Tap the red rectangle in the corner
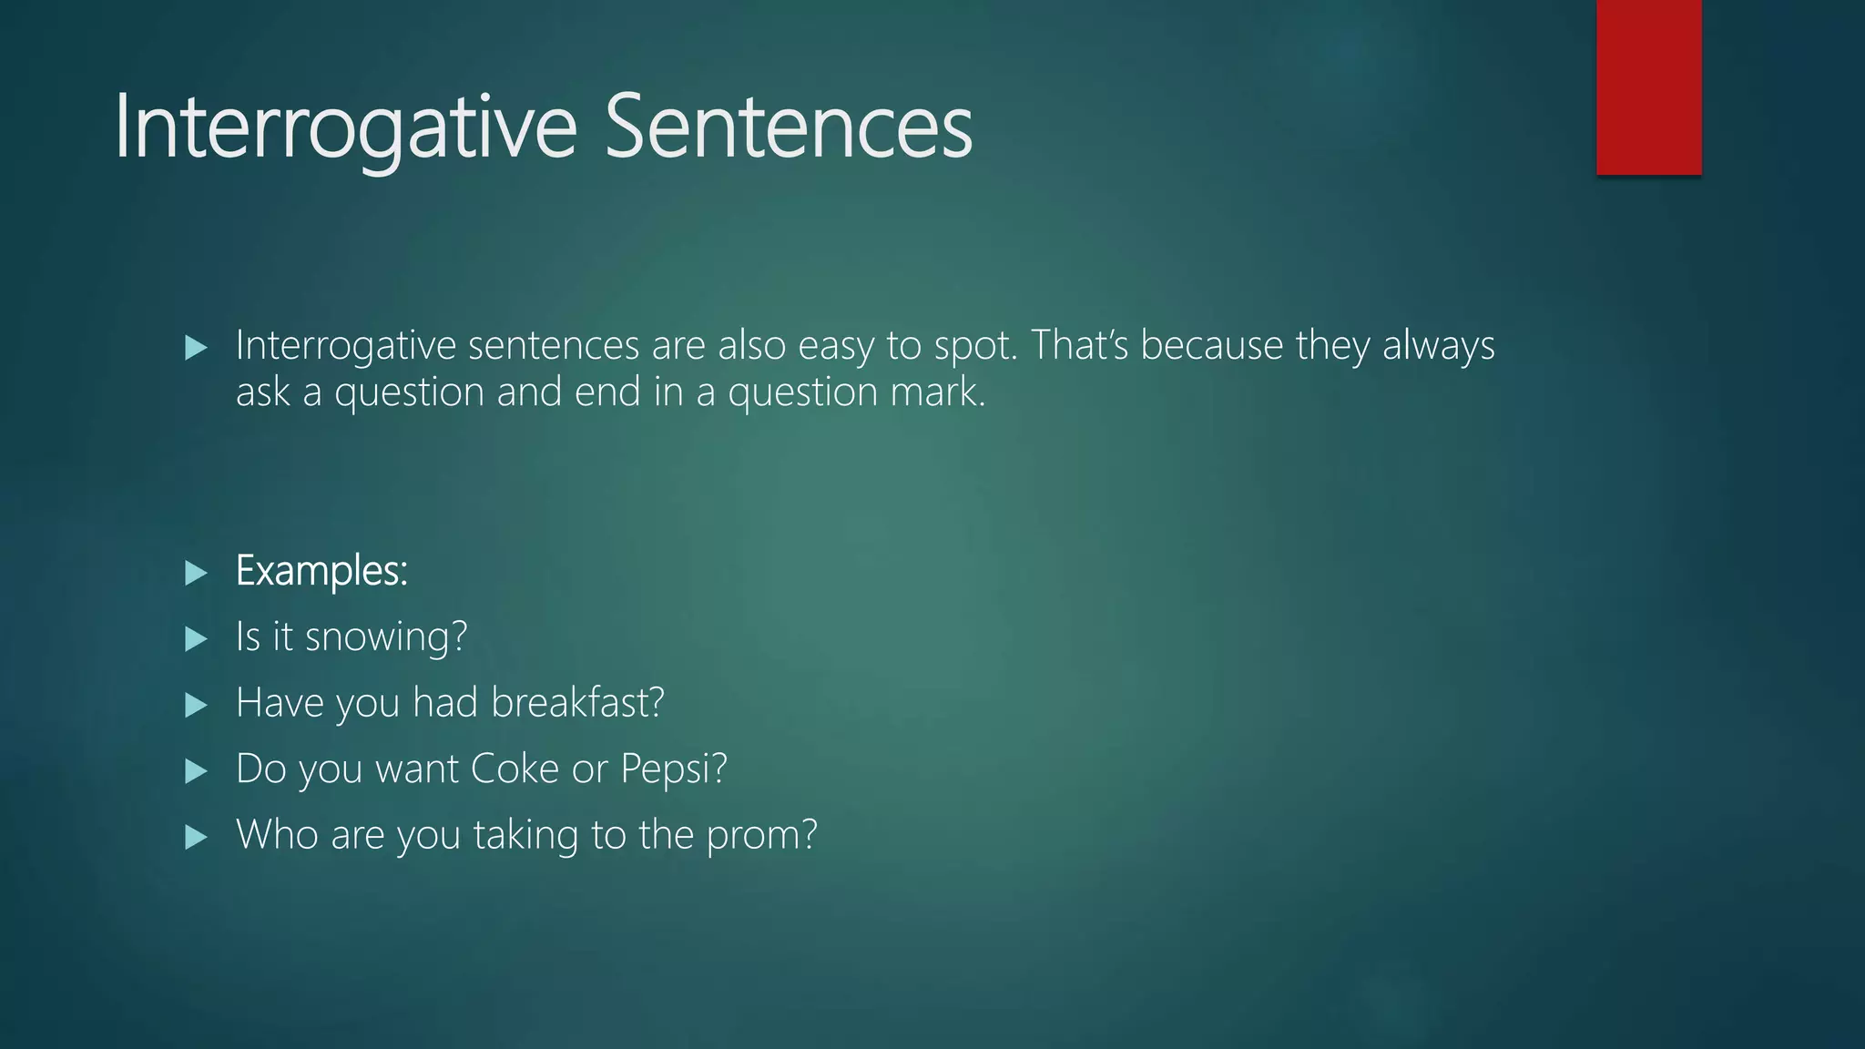[x=1648, y=87]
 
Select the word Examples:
[x=321, y=572]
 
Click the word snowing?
[x=386, y=637]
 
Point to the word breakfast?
[x=577, y=703]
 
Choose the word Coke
[x=515, y=769]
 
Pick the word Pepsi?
[x=674, y=769]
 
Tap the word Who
[x=277, y=835]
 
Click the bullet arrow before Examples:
[x=196, y=573]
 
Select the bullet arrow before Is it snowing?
[x=196, y=638]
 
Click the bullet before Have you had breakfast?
[x=196, y=705]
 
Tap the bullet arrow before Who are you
[x=196, y=837]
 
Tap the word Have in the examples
[x=280, y=703]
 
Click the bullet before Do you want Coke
[x=196, y=771]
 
